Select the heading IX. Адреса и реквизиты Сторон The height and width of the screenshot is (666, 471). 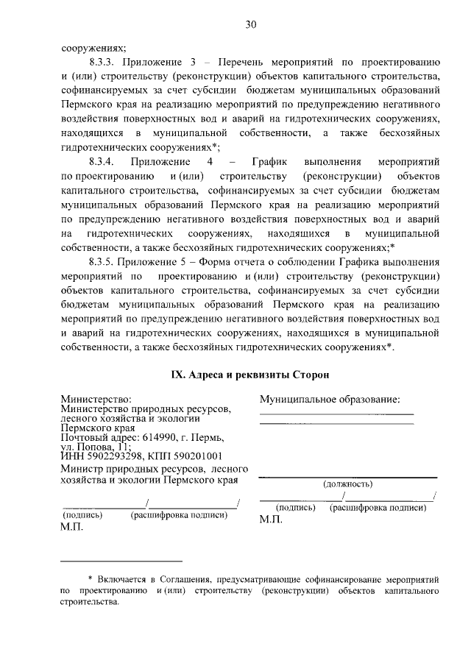249,375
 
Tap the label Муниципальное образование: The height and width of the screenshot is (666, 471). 330,399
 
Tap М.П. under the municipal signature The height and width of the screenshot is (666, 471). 272,519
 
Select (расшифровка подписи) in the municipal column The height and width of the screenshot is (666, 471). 378,508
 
